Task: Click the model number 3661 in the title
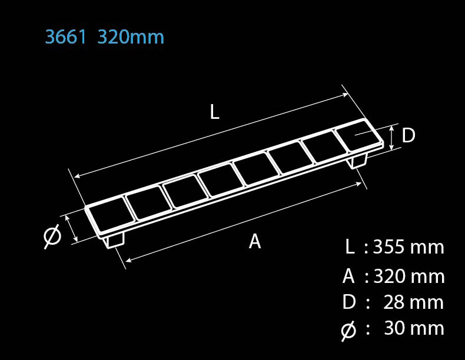[66, 37]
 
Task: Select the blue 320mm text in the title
[131, 37]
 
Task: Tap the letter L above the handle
[214, 112]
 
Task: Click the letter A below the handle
[255, 241]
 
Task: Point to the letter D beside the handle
[408, 135]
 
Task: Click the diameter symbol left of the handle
[52, 236]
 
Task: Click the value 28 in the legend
[394, 302]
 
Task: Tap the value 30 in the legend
[394, 328]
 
